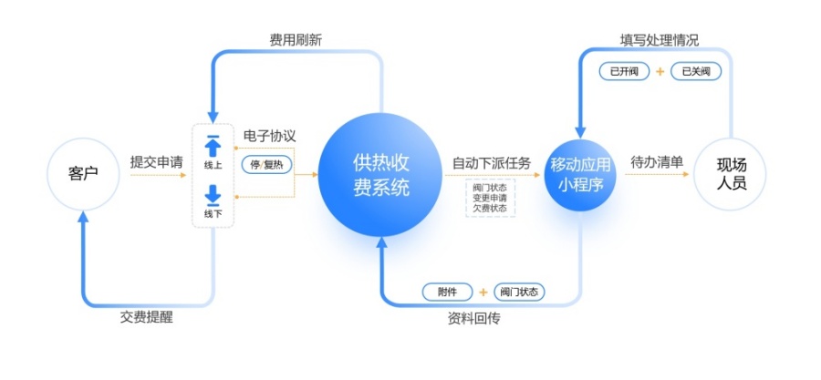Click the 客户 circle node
click(x=83, y=174)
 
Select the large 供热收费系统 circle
click(x=380, y=175)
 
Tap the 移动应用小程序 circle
click(x=580, y=175)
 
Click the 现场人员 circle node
click(x=730, y=174)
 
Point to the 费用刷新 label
click(x=296, y=41)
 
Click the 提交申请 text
click(x=157, y=162)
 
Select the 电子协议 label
click(x=270, y=136)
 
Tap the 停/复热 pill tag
click(x=266, y=165)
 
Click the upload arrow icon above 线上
click(x=213, y=146)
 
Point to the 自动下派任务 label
click(x=492, y=163)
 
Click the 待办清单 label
click(x=657, y=162)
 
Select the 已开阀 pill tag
click(x=624, y=72)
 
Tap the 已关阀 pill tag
click(x=696, y=72)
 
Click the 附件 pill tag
click(x=448, y=292)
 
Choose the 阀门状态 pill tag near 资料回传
click(x=519, y=292)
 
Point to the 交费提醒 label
click(x=147, y=318)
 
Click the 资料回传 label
click(x=473, y=318)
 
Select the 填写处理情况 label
click(x=660, y=41)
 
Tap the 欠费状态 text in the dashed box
click(x=490, y=208)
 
